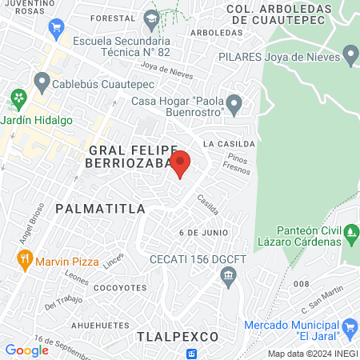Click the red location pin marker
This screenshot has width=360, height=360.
point(181,163)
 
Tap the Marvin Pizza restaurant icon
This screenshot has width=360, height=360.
point(26,260)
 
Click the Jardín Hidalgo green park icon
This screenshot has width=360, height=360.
point(18,101)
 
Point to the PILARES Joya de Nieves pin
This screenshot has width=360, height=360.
point(350,55)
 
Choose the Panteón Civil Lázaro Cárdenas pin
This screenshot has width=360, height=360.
point(350,234)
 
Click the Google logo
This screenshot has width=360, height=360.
point(26,350)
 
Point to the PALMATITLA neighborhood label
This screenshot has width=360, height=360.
point(100,208)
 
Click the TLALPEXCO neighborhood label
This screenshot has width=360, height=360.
point(177,336)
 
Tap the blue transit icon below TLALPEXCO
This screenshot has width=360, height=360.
point(192,354)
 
